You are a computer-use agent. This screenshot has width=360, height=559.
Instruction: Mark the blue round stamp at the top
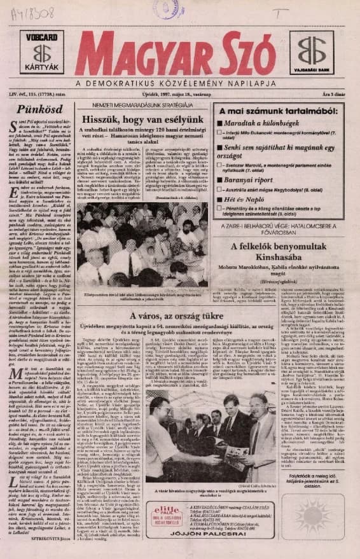tap(167, 8)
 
